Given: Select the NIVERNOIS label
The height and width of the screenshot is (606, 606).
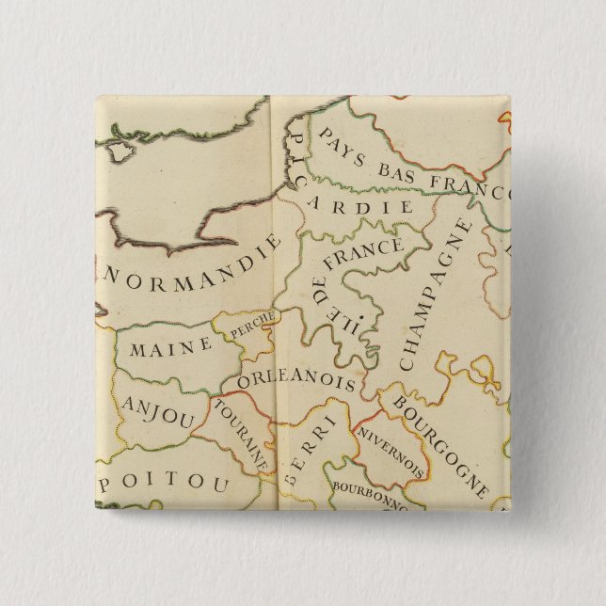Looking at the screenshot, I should [390, 448].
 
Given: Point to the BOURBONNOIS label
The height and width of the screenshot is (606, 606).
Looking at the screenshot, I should [367, 495].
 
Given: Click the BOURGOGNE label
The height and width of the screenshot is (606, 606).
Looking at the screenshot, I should [440, 446].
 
